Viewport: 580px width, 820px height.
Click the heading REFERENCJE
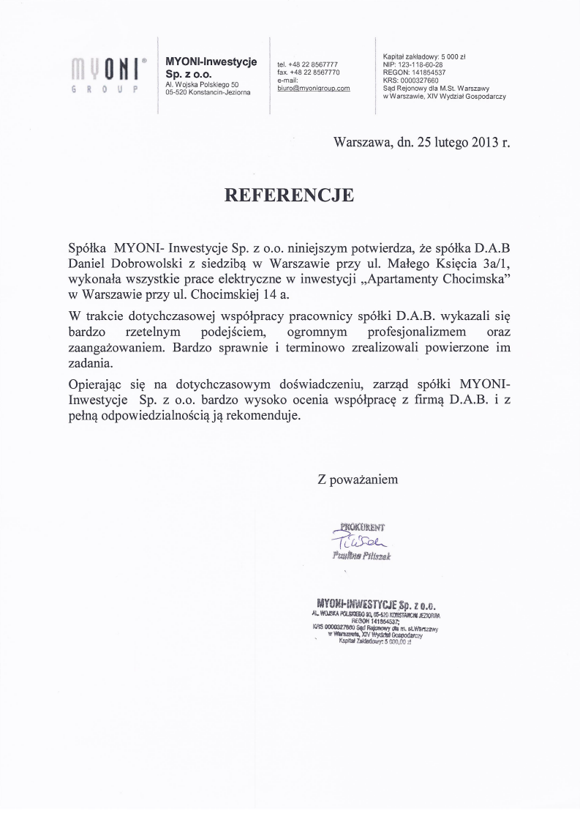(x=288, y=195)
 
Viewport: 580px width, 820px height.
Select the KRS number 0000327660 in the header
(x=420, y=81)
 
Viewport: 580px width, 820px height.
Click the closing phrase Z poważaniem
(x=358, y=480)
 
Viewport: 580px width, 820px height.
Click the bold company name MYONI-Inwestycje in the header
(x=211, y=62)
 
